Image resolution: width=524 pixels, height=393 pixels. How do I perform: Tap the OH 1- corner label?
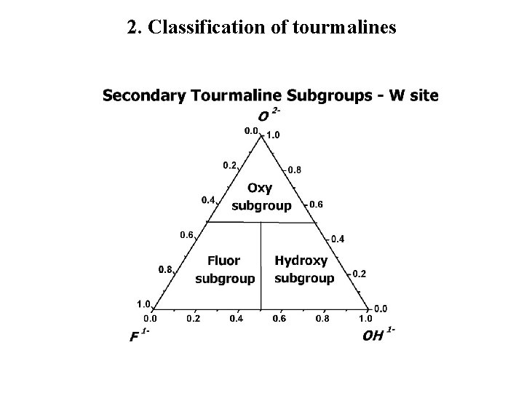coord(377,336)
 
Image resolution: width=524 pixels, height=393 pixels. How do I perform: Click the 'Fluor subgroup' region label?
coord(225,269)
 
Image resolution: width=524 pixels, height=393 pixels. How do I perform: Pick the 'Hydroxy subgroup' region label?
coord(303,269)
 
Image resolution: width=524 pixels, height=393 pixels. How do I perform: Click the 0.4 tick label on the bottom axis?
coord(236,318)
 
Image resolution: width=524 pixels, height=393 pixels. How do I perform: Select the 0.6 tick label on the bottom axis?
coord(279,318)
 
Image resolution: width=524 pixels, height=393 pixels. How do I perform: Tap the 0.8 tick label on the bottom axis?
coord(322,318)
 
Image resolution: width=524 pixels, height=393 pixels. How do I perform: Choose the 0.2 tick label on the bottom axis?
coord(193,318)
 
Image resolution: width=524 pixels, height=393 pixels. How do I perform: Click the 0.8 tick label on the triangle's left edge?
coord(165,269)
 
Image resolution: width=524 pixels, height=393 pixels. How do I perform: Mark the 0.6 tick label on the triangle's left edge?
coord(187,234)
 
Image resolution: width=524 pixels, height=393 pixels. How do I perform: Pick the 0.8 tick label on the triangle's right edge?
coord(294,170)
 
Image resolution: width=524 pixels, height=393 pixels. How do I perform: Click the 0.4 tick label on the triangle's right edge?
coord(338,239)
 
